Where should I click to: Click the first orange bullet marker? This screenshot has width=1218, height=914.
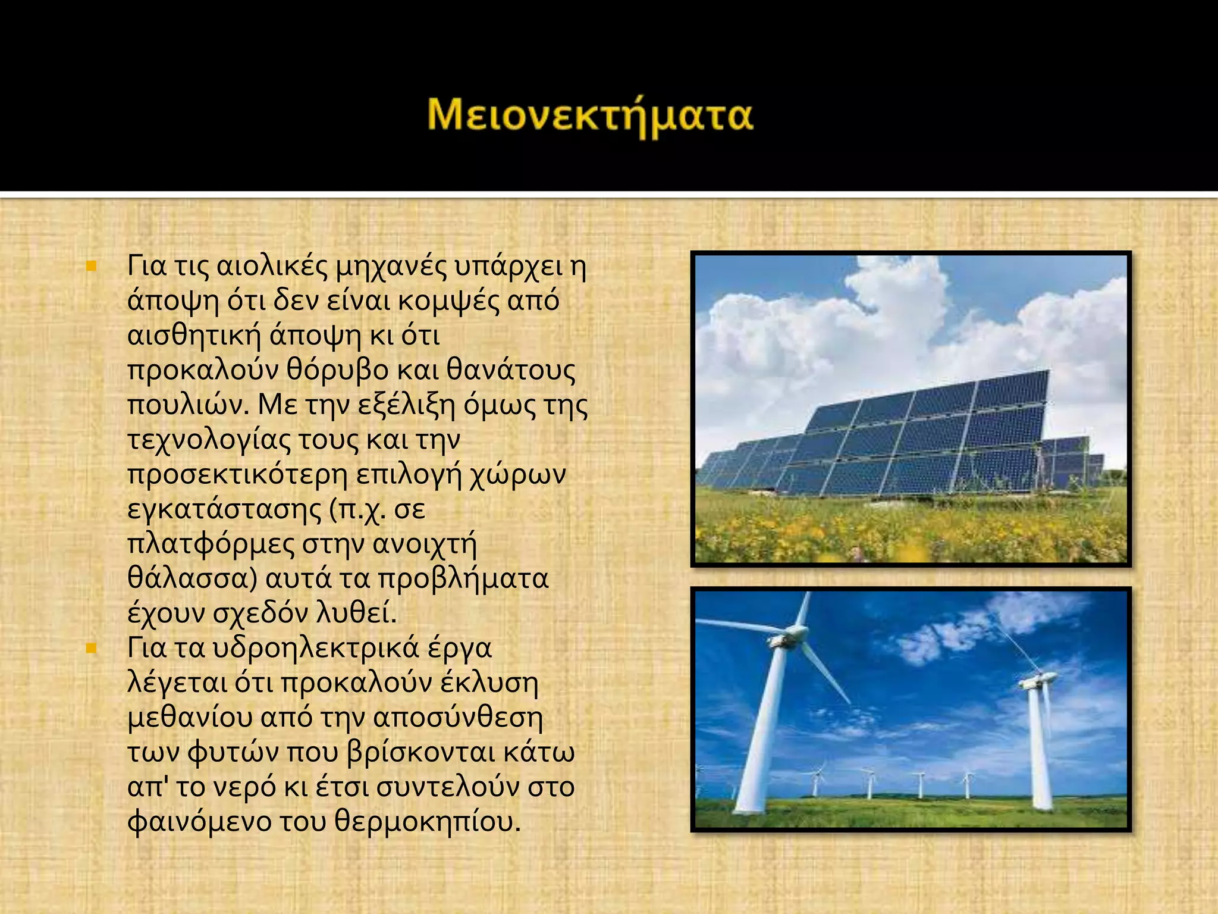tap(91, 266)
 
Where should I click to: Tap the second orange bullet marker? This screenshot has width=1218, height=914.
tap(91, 648)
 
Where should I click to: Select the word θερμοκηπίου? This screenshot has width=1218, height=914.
tap(427, 822)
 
